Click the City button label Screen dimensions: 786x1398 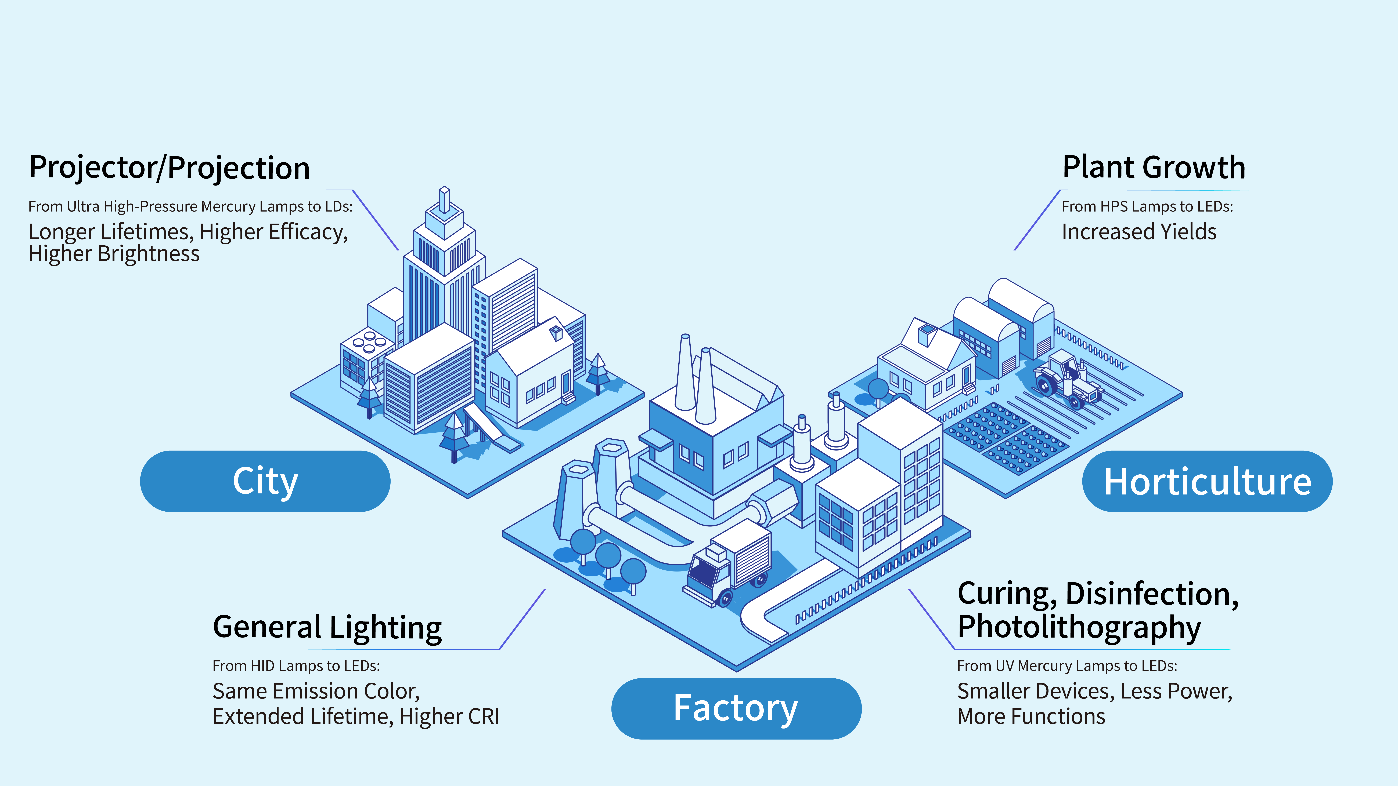pos(265,481)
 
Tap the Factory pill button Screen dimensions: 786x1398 pos(736,708)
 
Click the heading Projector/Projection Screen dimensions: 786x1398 pos(169,168)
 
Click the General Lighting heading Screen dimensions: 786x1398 pos(327,628)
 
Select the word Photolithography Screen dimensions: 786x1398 pos(1079,628)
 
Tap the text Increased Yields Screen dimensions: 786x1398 pos(1139,232)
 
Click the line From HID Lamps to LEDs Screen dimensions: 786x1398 pos(296,666)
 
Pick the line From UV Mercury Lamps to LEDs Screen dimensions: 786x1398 pos(1067,666)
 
